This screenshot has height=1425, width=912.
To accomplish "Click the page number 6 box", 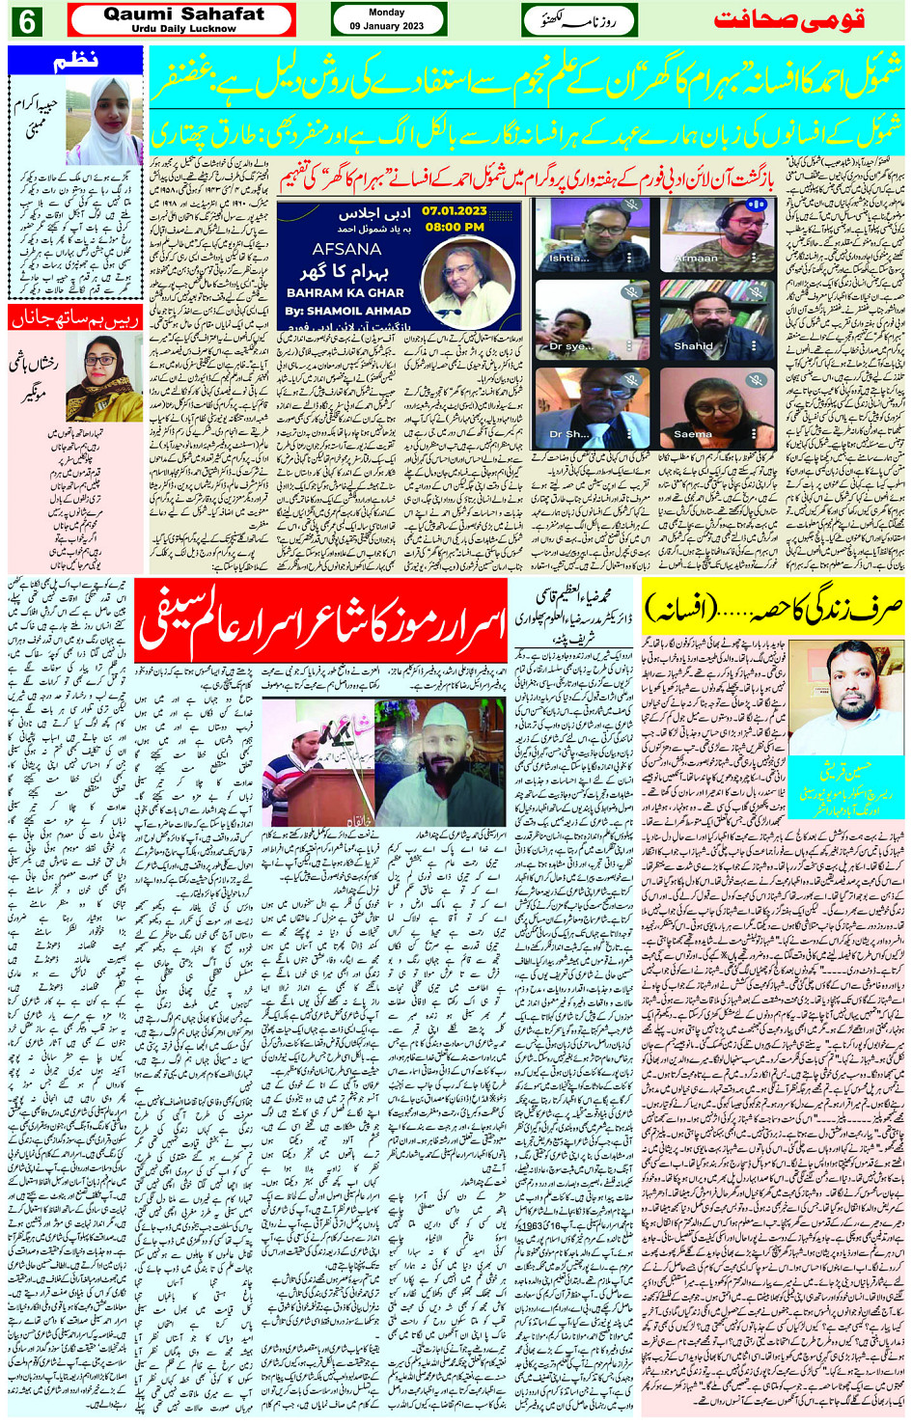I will click(x=26, y=20).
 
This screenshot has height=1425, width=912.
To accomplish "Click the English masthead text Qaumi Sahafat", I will click(x=183, y=14).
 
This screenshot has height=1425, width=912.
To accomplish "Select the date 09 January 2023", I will click(x=387, y=26).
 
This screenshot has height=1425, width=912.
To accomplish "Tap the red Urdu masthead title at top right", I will click(x=788, y=20).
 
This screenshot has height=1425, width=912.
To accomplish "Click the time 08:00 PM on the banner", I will click(x=454, y=228).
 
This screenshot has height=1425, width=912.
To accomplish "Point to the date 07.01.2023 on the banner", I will click(x=454, y=210).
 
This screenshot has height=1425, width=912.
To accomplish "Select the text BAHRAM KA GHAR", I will click(x=345, y=292).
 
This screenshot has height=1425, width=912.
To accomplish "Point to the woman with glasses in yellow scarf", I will click(x=103, y=378).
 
